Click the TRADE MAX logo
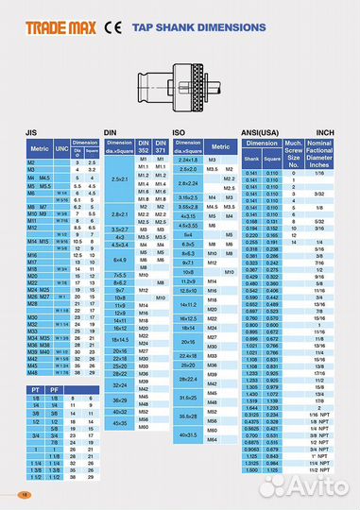coord(51,26)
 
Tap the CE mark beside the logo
coord(111,26)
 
